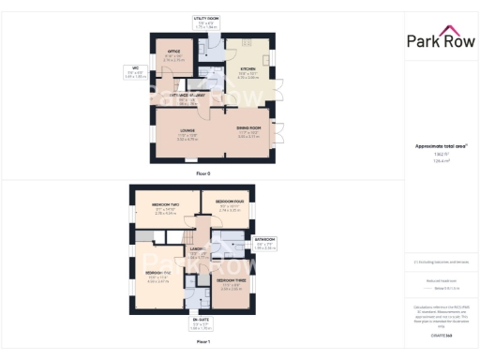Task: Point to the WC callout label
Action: click(x=135, y=67)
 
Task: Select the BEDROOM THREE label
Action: click(x=232, y=280)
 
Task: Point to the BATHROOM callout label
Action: click(x=265, y=240)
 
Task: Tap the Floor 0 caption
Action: click(x=203, y=173)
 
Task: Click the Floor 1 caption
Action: click(x=203, y=342)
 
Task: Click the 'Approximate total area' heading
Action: click(x=440, y=146)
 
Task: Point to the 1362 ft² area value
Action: click(x=440, y=155)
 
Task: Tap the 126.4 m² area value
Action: click(x=440, y=161)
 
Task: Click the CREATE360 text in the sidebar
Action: click(x=440, y=335)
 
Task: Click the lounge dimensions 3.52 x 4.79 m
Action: click(x=187, y=138)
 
